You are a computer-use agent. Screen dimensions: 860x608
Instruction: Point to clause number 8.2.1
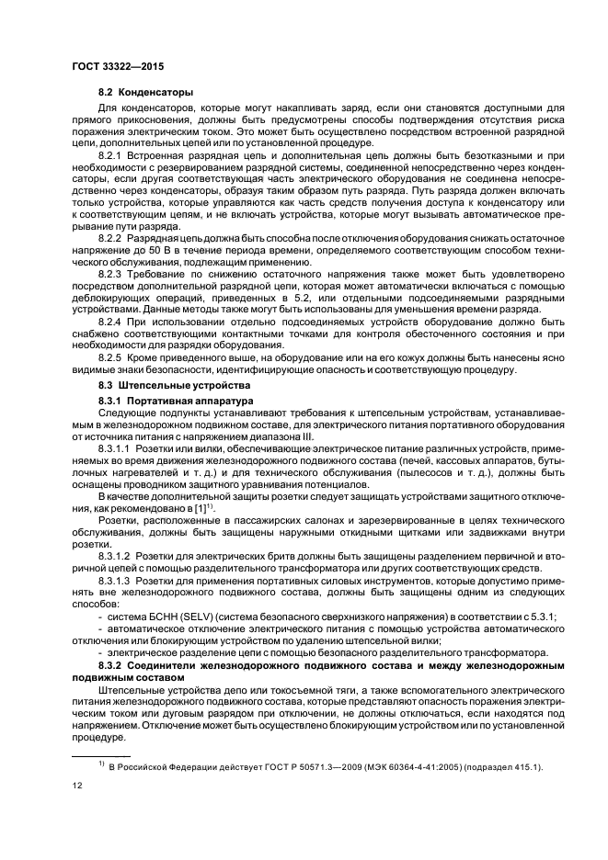point(113,157)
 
